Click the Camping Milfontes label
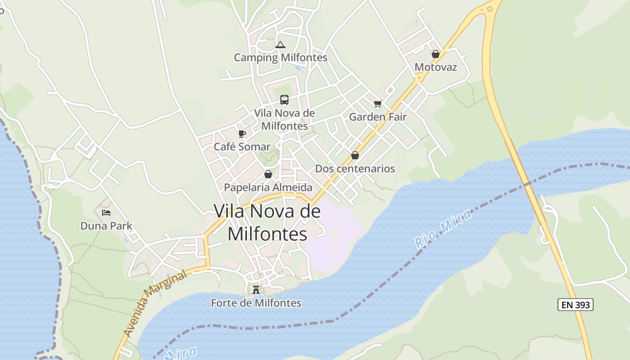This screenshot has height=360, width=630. tap(280, 58)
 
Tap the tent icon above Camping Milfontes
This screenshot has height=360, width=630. tap(280, 45)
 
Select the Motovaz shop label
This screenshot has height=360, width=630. tap(436, 67)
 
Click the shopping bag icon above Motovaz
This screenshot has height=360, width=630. tap(436, 54)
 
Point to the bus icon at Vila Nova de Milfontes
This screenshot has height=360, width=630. tap(284, 99)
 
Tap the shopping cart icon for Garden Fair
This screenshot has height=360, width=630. tap(378, 104)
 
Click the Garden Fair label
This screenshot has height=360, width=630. tap(378, 117)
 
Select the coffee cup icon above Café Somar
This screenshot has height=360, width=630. tap(242, 134)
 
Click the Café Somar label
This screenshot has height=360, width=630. tap(242, 147)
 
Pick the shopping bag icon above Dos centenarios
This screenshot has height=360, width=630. tap(355, 155)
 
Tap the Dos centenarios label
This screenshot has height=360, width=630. tap(355, 169)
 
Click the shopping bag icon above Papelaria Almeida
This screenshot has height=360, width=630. tap(268, 174)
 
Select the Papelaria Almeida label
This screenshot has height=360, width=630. tap(268, 187)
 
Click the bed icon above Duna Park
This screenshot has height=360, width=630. tap(106, 212)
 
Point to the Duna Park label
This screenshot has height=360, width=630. tap(106, 225)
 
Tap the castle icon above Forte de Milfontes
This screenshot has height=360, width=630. tap(256, 289)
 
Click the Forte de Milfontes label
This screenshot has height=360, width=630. tap(256, 303)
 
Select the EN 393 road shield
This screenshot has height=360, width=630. tap(576, 305)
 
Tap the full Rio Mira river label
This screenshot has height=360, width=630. tap(444, 229)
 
